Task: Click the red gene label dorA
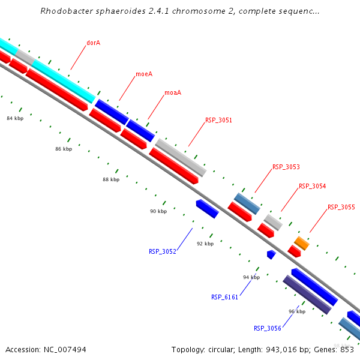[x=93, y=43]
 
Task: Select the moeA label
[x=144, y=74]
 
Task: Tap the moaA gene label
[x=173, y=92]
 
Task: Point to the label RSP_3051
[x=218, y=120]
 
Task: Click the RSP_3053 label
[x=286, y=167]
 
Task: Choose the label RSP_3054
[x=312, y=186]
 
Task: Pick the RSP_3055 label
[x=341, y=207]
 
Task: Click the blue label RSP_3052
[x=162, y=251]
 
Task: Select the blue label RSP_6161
[x=224, y=297]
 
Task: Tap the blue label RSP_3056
[x=267, y=328]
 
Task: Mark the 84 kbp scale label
[x=15, y=118]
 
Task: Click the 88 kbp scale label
[x=111, y=179]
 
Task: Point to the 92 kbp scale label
[x=205, y=244]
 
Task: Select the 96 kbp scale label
[x=297, y=311]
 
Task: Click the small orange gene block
[x=301, y=243]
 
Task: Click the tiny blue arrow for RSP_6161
[x=271, y=254]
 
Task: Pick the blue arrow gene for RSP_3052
[x=207, y=209]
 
